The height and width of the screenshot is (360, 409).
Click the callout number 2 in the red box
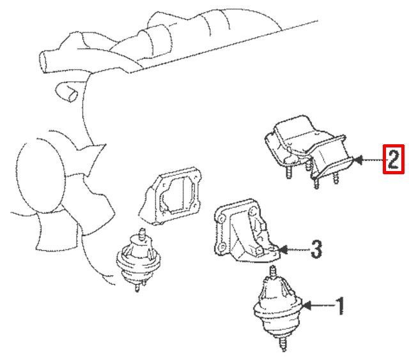coord(394,159)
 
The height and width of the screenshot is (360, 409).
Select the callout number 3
coord(316,250)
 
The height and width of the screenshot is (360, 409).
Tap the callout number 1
coord(339,306)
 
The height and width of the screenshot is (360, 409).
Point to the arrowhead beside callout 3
coord(282,250)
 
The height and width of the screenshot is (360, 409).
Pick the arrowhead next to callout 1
coord(307,306)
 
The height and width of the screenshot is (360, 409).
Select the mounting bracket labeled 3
coord(246,231)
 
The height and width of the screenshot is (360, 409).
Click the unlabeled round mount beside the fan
coord(138,260)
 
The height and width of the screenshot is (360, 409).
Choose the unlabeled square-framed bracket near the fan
coord(171,196)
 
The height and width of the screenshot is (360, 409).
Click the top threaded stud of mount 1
coord(273,272)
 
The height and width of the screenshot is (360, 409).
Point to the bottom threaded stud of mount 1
coord(284,345)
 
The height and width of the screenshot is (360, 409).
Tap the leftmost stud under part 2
coord(289,172)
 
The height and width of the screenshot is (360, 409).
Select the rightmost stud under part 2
coord(336,178)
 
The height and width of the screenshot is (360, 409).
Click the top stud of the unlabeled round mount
coord(142,234)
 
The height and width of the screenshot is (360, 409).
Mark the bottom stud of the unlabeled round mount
coord(137,287)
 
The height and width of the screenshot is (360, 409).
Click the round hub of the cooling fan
coord(40,175)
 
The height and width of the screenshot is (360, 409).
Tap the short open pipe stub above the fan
coord(66,92)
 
